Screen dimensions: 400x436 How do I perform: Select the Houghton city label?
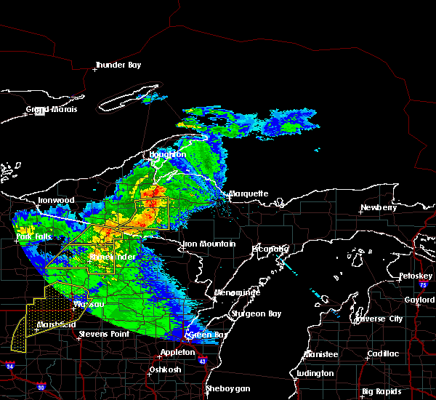click(168, 154)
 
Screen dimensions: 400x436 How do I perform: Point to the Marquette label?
click(249, 194)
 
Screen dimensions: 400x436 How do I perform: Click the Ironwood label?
click(56, 200)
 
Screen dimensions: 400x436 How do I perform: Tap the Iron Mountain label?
click(209, 244)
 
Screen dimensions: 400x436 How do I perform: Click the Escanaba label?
click(270, 249)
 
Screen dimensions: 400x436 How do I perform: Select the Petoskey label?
click(415, 276)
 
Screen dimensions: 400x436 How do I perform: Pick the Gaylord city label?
click(419, 299)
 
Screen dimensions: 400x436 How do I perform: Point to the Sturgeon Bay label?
click(255, 314)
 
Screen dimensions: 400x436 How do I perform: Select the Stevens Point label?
click(104, 334)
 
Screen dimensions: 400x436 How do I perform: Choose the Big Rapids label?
click(384, 391)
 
